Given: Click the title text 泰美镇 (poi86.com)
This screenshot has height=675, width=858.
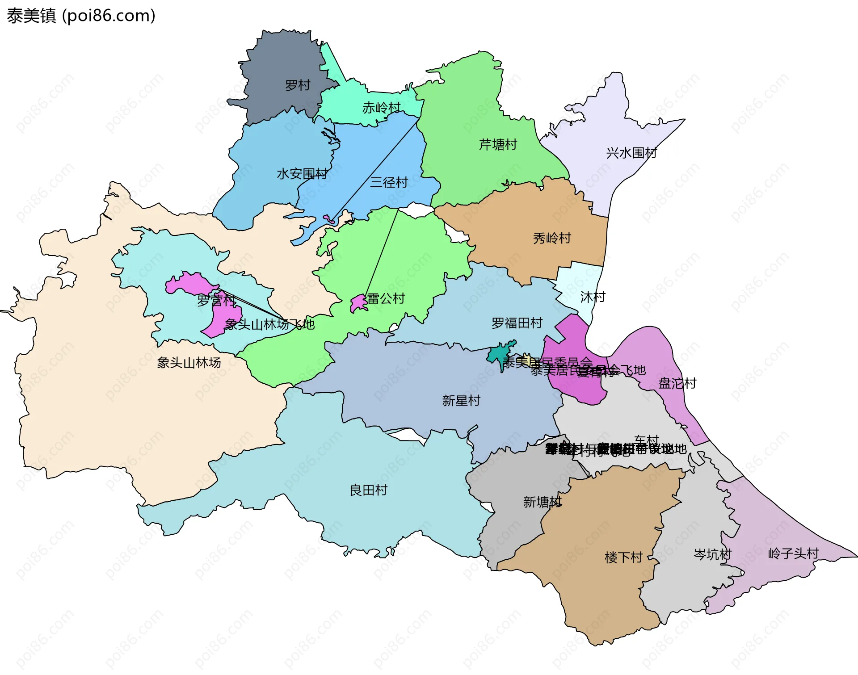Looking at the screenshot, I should (x=81, y=16).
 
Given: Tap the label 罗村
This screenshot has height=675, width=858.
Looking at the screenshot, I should (x=298, y=85).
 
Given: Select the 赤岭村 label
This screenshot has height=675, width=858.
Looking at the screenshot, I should (x=381, y=108).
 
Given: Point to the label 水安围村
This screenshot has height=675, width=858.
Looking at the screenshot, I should (x=302, y=173).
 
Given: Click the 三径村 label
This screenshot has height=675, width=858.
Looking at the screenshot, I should (x=389, y=182).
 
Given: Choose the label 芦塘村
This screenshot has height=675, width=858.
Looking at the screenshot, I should (x=498, y=144).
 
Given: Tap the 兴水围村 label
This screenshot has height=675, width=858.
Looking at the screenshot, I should (x=631, y=153).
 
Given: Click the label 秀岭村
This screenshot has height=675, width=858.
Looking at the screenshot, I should (x=552, y=238).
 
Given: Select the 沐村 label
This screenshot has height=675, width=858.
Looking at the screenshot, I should (x=593, y=297).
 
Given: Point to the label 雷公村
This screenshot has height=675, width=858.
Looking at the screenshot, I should (x=386, y=298).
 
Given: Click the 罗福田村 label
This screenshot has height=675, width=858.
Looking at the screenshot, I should (x=517, y=323).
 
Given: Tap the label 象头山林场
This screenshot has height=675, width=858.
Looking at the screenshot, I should (x=189, y=362).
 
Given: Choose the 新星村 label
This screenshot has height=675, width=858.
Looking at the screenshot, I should (x=461, y=400).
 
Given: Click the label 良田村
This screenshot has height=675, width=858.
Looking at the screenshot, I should (x=368, y=490).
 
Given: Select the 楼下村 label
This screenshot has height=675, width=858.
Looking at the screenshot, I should (x=623, y=557).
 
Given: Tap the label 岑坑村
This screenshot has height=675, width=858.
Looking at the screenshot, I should (x=712, y=554).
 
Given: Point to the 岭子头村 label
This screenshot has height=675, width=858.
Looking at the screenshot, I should (x=793, y=553).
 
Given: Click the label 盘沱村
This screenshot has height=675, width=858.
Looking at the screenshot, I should (x=677, y=383).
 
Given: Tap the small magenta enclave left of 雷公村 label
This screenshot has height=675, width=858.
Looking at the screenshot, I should (x=358, y=303).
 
